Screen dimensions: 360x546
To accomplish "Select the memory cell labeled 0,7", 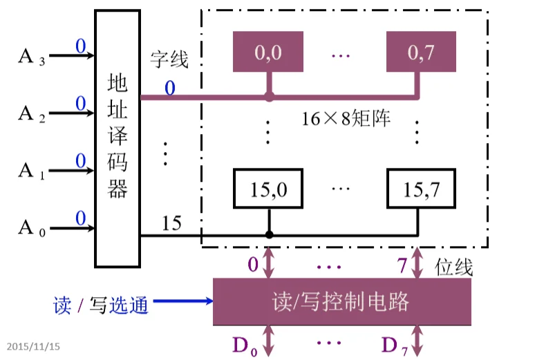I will coord(419,53).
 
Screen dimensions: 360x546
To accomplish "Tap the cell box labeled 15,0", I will coord(268,188).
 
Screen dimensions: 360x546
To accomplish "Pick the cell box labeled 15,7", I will coord(419,188).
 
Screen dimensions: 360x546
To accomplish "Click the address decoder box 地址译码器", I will coord(117,138).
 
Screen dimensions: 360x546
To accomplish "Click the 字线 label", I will coord(169,61).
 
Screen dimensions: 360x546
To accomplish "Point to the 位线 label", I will coord(453,267).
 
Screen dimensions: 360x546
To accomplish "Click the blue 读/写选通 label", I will coord(101,304).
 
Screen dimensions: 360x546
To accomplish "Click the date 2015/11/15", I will coord(34,345).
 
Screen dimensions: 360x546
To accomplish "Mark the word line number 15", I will coord(171,223).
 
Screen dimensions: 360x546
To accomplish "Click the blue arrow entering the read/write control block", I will coord(183,301).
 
